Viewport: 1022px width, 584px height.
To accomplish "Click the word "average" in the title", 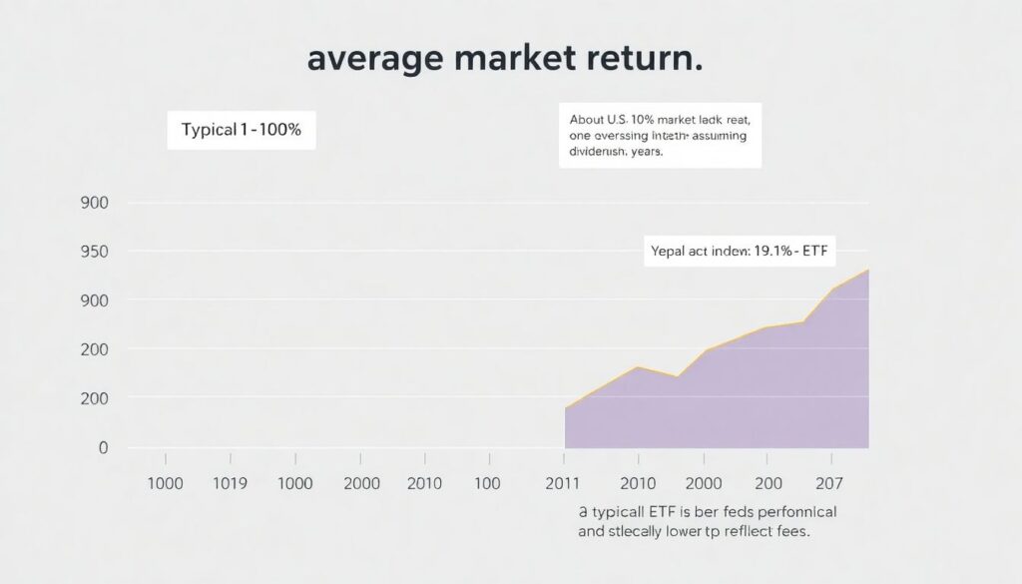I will [x=374, y=58].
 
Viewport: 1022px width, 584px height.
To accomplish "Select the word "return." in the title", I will [x=640, y=58].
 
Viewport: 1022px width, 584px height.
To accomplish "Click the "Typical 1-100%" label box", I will [x=241, y=131].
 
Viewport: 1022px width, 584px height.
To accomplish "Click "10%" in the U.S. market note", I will [x=659, y=118].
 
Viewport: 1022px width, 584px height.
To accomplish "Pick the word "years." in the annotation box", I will [x=643, y=154].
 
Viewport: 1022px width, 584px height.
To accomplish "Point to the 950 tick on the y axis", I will [x=95, y=252].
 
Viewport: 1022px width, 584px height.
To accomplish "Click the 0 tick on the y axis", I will [x=102, y=448].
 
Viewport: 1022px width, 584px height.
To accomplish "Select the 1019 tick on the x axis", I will [x=231, y=483].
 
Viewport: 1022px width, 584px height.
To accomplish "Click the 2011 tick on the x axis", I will [x=563, y=483].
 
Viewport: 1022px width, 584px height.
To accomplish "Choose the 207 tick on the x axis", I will [x=829, y=483].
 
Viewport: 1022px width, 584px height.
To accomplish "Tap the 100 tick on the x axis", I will [x=488, y=483].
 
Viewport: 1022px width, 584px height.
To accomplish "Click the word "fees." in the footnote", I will [x=785, y=531].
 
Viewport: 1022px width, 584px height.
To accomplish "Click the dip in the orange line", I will [x=678, y=376].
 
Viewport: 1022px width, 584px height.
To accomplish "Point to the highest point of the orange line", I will [x=867, y=270].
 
